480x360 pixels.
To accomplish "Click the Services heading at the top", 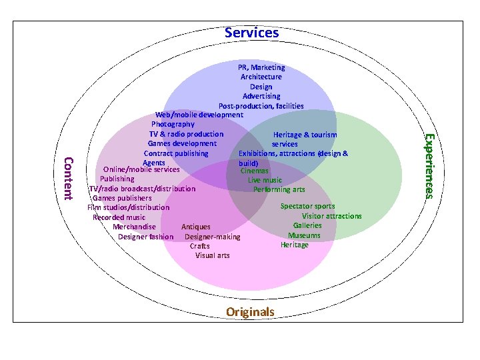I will point(251,32).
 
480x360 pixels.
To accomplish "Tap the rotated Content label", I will point(67,178).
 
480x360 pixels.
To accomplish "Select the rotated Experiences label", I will point(431,165).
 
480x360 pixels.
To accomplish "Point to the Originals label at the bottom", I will point(250,311).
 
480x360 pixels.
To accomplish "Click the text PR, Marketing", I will point(261,67).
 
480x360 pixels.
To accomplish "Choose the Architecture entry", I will point(261,77).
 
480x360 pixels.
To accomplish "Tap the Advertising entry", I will point(261,96).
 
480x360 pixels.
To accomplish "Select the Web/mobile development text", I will point(199,115).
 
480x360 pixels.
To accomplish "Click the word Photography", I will point(173,124).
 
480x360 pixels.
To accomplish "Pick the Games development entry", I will point(182,143).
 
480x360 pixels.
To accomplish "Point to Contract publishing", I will point(176,153).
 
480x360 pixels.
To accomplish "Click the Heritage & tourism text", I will point(305,135).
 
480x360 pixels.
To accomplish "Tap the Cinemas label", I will point(255,171).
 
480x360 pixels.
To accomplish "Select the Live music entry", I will point(265,180).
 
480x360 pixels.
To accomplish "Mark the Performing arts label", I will point(279,189).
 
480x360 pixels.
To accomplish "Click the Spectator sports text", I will point(307,206).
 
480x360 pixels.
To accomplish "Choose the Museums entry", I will point(304,235).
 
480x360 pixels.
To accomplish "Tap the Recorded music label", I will point(119,217).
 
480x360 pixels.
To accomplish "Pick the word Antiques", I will point(196,227).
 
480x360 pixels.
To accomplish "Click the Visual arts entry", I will point(212,255).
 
